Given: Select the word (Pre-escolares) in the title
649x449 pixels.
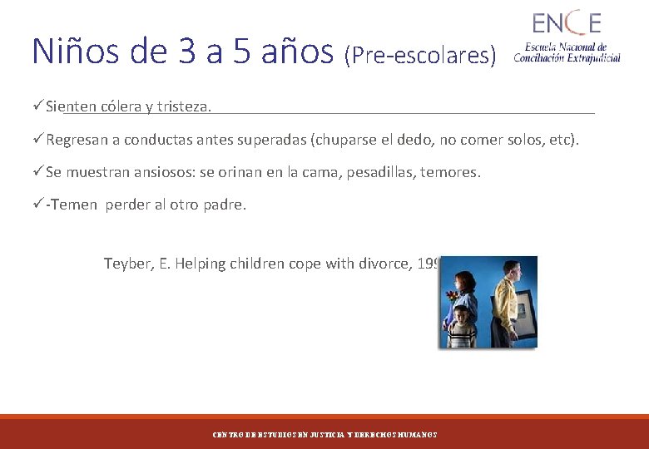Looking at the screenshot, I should click(419, 56).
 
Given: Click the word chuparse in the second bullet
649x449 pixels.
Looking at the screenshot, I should click(346, 140).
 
